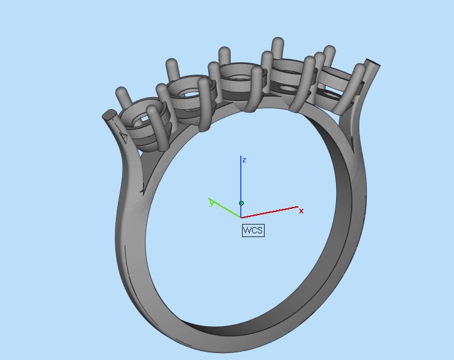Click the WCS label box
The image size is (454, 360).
(x=253, y=230)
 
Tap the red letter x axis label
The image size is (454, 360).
(x=301, y=211)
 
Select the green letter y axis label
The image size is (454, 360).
(x=212, y=203)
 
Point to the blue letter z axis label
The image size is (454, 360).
(x=244, y=161)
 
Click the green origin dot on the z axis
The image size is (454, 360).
(x=241, y=203)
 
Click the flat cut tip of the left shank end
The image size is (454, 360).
(x=108, y=115)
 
